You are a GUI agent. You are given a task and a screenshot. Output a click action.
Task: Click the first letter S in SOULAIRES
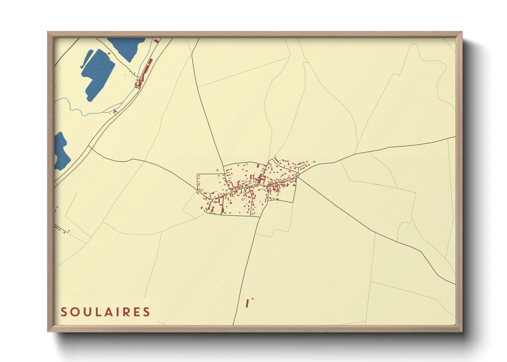[x=64, y=312]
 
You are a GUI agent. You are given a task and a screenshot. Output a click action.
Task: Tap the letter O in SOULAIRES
[x=75, y=312]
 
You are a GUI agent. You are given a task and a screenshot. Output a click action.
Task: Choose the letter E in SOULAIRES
[x=136, y=312]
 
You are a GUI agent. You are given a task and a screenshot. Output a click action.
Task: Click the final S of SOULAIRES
[x=147, y=312]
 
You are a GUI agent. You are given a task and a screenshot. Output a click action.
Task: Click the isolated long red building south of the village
[x=247, y=303]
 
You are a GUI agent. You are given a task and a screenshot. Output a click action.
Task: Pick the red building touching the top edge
[x=157, y=41]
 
